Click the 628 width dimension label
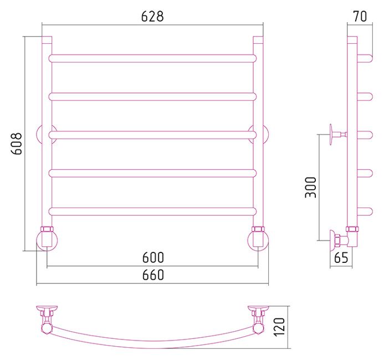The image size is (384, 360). pos(152,17)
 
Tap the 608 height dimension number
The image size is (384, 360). pos(17,144)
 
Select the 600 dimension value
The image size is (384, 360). pos(153,257)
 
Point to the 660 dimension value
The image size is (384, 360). pos(153,275)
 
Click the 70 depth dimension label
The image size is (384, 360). pos(360,17)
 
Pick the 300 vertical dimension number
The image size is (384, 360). pos(310,187)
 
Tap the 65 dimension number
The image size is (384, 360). pos(341,257)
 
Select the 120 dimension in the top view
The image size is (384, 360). pos(279,327)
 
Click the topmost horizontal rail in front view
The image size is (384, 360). pos(152,58)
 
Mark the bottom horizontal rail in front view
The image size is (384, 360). pos(152,211)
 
